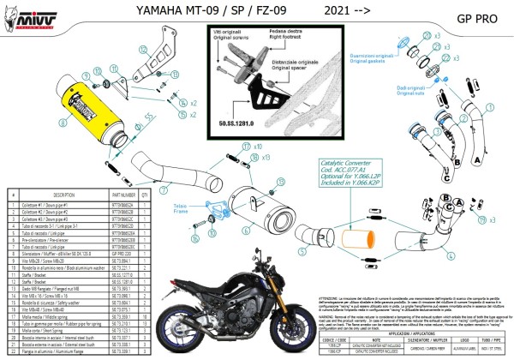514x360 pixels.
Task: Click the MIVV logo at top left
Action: (x=26, y=15)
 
